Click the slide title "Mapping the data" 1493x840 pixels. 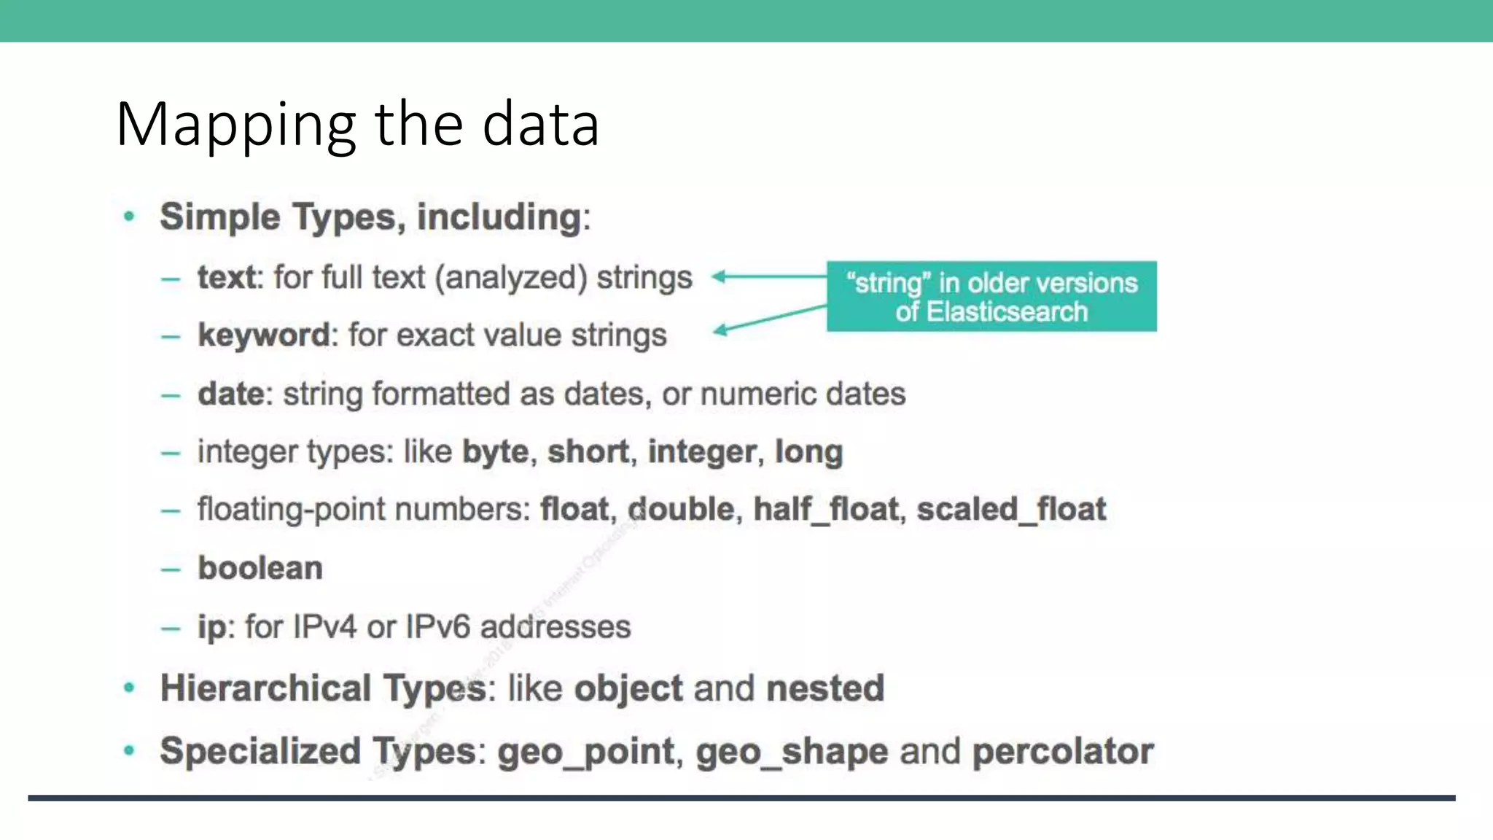tap(357, 124)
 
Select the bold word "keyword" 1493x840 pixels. tap(264, 335)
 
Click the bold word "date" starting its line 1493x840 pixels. tap(230, 394)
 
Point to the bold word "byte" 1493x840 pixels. tap(496, 452)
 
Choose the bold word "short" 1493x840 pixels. tap(588, 452)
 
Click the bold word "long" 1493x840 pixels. tap(808, 452)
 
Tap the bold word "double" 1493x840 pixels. tap(681, 509)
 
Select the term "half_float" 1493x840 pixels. tap(826, 509)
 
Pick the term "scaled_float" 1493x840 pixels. tap(1011, 509)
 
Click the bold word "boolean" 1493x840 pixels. tap(260, 568)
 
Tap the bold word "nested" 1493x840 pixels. tap(825, 688)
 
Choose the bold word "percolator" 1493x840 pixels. tap(1063, 752)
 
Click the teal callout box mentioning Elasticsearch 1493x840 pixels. tap(991, 297)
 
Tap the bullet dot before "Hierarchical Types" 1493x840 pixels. tap(130, 688)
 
